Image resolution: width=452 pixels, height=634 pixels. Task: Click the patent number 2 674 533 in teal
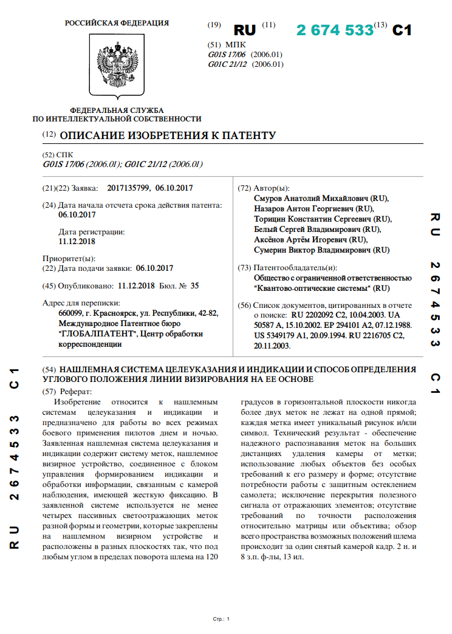point(335,30)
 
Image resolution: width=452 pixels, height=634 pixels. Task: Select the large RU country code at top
point(245,30)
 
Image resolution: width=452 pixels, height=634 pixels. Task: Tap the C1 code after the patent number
point(402,30)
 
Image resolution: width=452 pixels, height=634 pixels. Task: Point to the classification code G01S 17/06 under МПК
point(228,55)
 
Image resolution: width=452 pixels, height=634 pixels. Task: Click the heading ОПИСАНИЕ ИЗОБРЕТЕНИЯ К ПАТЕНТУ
point(168,135)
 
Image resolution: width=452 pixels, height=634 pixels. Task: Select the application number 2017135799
point(128,188)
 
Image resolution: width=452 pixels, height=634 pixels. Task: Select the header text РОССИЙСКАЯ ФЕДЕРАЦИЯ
point(117,23)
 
